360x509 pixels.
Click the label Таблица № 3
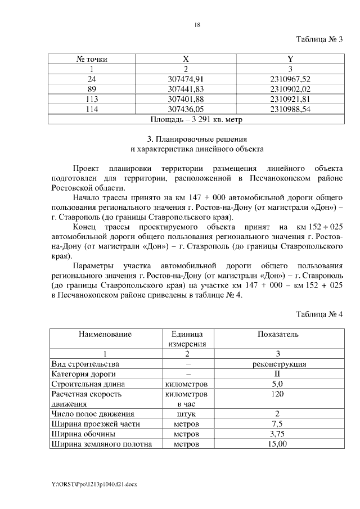pyautogui.click(x=319, y=39)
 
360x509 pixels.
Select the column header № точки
pyautogui.click(x=92, y=58)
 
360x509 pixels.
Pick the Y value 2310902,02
pyautogui.click(x=290, y=89)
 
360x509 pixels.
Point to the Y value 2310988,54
pyautogui.click(x=290, y=109)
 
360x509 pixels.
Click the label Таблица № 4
pyautogui.click(x=319, y=313)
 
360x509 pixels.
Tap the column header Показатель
pyautogui.click(x=278, y=334)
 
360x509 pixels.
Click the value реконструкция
pyautogui.click(x=278, y=364)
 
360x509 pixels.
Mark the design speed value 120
pyautogui.click(x=278, y=394)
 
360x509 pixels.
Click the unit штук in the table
pyautogui.click(x=186, y=414)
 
